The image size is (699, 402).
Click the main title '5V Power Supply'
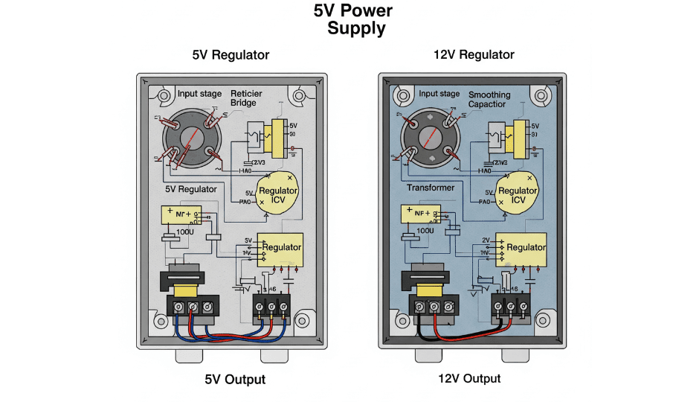tap(349, 20)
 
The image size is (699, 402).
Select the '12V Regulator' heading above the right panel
tap(474, 54)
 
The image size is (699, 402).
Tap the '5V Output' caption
tap(235, 379)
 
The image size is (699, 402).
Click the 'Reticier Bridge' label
tap(246, 98)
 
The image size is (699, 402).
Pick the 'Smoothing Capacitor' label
tap(489, 100)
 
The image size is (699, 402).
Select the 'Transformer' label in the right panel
tap(431, 188)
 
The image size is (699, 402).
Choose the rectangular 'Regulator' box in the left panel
tap(280, 248)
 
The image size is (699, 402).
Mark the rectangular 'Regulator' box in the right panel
tap(524, 248)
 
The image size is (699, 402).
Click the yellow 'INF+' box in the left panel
tap(181, 214)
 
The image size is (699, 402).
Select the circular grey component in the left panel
tap(192, 138)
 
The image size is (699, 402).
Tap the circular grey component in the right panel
tap(429, 138)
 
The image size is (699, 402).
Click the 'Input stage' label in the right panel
tap(439, 94)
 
